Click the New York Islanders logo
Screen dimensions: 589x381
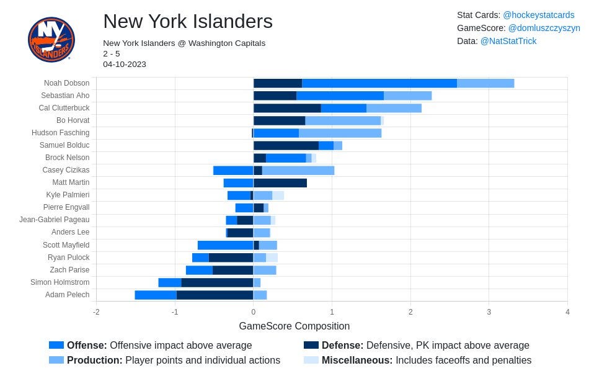(51, 39)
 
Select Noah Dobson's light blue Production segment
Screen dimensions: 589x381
(485, 83)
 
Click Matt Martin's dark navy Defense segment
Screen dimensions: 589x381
(280, 183)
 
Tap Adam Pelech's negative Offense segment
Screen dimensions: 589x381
(156, 295)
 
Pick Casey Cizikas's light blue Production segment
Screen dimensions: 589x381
(298, 171)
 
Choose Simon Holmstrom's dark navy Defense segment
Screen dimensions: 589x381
(217, 282)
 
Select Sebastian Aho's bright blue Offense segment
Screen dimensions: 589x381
(340, 96)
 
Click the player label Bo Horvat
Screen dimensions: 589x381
(73, 120)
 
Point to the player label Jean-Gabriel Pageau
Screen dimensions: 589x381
(55, 220)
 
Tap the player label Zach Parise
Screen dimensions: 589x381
(69, 270)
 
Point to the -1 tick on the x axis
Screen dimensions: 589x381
(175, 312)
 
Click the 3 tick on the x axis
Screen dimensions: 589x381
(489, 312)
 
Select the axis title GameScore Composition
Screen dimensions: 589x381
(294, 326)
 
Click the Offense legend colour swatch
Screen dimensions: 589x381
(56, 345)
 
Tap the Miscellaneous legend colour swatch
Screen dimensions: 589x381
(311, 360)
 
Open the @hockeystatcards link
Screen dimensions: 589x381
(539, 15)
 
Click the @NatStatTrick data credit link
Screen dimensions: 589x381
(508, 41)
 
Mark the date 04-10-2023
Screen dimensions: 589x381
(125, 65)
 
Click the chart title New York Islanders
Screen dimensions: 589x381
(188, 21)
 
